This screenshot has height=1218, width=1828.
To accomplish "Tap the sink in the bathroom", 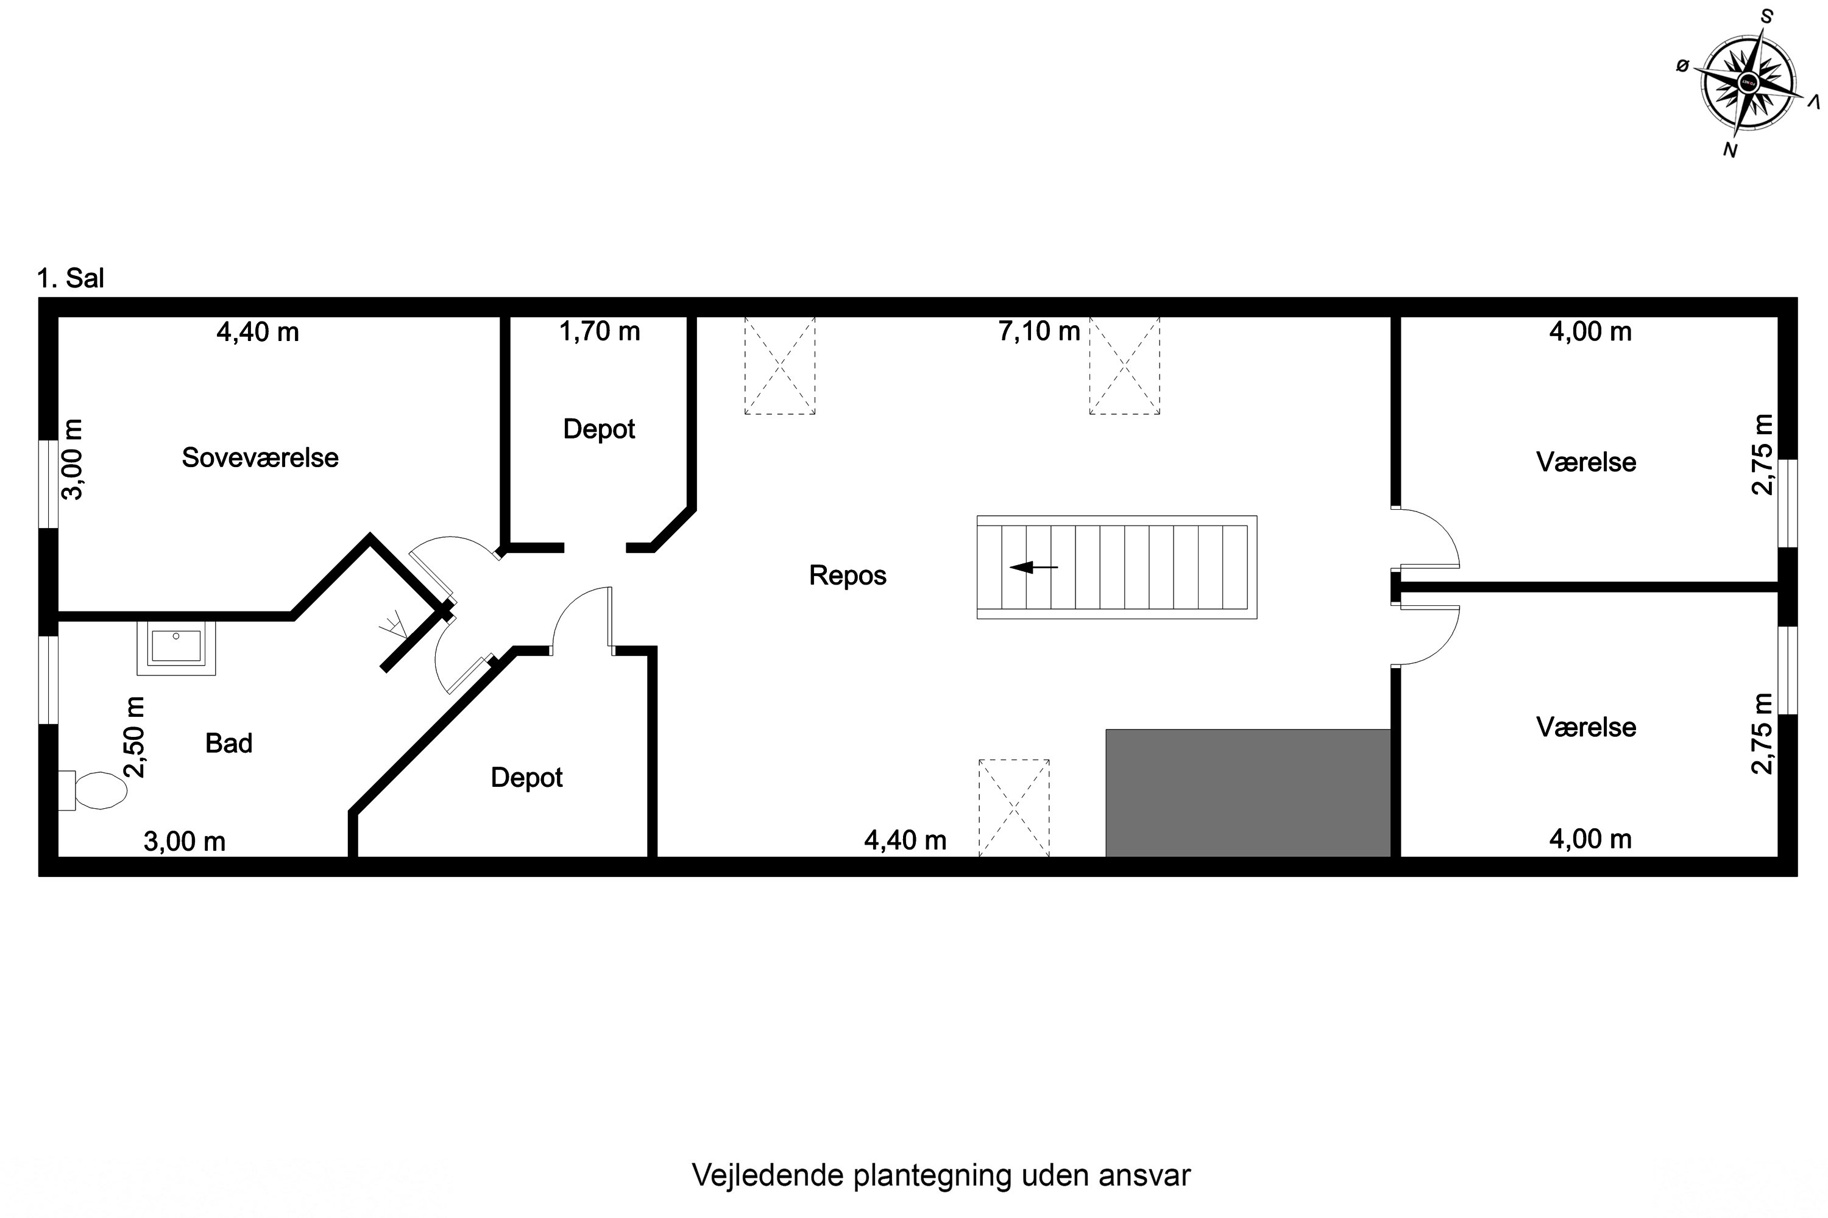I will tap(177, 647).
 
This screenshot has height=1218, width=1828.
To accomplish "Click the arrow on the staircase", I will tap(1033, 567).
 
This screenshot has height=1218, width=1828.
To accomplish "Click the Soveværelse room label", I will tap(260, 457).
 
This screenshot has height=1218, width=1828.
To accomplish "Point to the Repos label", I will tap(847, 576).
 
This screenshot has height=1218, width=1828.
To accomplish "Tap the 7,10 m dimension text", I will tap(1038, 332).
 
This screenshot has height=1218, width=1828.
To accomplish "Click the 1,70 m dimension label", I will tap(599, 332).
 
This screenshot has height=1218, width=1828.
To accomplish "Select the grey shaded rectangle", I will tap(1247, 792).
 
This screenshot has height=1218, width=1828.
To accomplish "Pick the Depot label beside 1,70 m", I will tap(598, 429).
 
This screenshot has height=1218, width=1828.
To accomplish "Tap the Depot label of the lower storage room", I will tap(526, 778).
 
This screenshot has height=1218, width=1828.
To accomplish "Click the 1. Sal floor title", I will tap(70, 278).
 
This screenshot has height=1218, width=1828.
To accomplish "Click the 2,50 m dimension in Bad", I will tap(135, 736).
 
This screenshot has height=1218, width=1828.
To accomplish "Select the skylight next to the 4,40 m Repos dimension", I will tap(1013, 808).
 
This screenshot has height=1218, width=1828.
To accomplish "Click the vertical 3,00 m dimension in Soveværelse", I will tap(73, 459).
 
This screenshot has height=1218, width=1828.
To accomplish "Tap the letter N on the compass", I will tap(1729, 150).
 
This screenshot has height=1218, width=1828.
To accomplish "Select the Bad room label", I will tap(228, 744).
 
